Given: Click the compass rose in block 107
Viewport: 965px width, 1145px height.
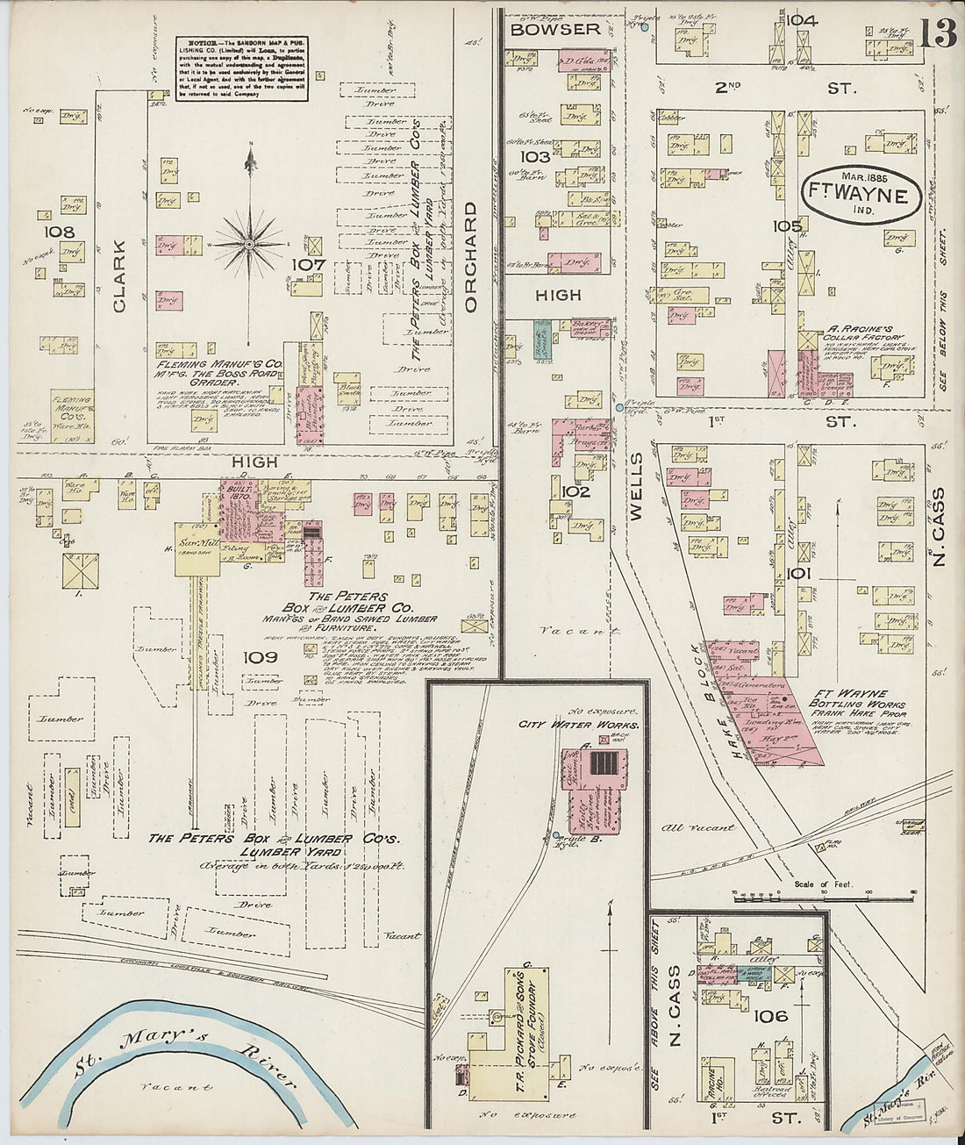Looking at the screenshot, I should tap(250, 242).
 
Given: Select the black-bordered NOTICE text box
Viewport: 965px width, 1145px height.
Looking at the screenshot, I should tap(242, 68).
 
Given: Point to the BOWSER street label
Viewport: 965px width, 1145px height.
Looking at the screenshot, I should tap(555, 29).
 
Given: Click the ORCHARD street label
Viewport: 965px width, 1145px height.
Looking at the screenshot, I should tap(470, 257).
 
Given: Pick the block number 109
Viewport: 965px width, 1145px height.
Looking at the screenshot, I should tap(261, 657).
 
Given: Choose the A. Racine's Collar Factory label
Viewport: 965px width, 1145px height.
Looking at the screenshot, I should tap(862, 334).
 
